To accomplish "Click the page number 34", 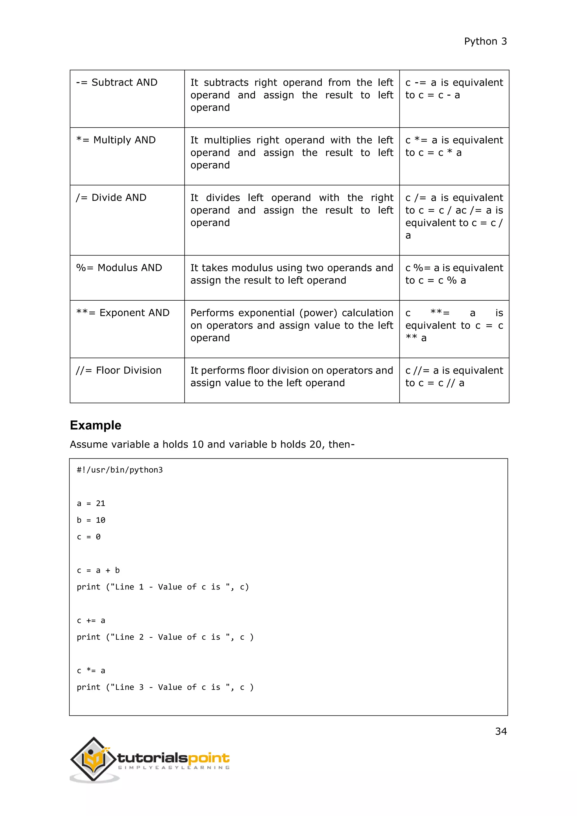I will (501, 731).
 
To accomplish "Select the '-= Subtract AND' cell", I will (117, 83).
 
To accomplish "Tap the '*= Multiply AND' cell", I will (116, 140).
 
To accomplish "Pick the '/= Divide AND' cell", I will (111, 198).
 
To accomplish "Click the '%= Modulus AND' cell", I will (119, 268).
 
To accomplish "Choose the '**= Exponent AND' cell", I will (123, 313).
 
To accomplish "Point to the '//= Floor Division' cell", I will (119, 370).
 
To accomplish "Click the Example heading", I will (96, 425).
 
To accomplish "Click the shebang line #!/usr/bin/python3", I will (120, 470).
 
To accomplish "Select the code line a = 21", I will (91, 503).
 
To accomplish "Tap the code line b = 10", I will (91, 520).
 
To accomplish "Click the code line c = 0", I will (89, 537).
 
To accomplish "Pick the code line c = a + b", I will (98, 570).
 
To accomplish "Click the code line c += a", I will (91, 620).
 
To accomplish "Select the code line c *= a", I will (91, 671).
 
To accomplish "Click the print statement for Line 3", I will (165, 687).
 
